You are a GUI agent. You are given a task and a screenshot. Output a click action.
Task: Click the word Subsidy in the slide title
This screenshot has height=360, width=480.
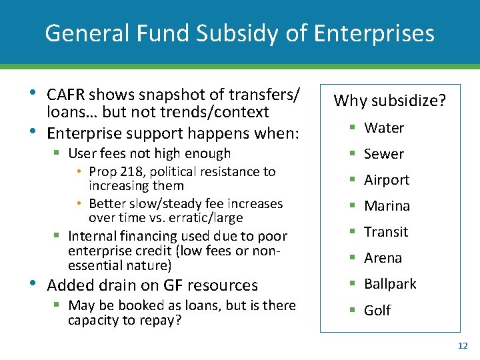click(240, 33)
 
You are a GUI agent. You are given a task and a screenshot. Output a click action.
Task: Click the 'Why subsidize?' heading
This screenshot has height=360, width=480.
click(390, 101)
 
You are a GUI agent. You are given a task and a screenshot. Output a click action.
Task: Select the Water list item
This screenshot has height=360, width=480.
click(384, 128)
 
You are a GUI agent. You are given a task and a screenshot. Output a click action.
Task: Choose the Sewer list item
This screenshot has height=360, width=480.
click(384, 154)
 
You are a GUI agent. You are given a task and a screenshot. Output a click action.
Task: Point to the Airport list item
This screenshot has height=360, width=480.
click(387, 180)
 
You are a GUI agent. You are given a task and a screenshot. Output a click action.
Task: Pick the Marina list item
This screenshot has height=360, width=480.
click(387, 206)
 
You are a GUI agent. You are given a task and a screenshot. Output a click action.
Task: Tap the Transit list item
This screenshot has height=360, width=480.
click(386, 232)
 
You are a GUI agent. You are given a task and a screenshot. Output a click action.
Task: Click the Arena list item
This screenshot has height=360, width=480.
click(383, 258)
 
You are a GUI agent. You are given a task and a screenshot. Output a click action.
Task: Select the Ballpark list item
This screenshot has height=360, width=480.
click(390, 284)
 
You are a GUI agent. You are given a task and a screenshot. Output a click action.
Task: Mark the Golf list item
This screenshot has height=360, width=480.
click(377, 310)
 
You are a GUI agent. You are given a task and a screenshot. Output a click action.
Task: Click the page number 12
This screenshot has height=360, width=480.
click(463, 345)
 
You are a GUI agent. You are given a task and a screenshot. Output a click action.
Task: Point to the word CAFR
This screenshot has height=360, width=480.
click(66, 95)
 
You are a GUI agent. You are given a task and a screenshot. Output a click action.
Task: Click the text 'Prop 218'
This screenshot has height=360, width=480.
click(114, 172)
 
